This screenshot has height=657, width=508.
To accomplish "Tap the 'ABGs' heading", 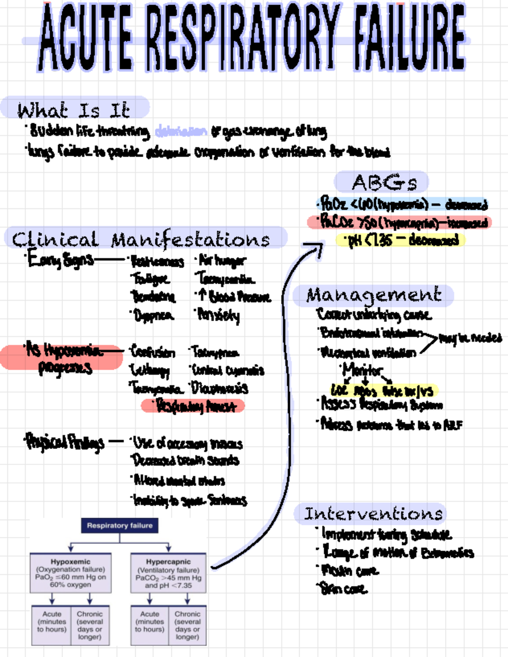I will tap(384, 183).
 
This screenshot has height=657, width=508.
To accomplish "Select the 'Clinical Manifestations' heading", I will tap(142, 239).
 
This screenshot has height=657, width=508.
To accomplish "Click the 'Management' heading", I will tap(373, 295).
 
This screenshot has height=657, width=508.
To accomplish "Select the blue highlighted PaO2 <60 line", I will tap(402, 204).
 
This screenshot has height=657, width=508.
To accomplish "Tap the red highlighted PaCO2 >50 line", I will tap(400, 222).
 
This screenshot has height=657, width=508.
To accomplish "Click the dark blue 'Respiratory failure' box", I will tap(119, 525).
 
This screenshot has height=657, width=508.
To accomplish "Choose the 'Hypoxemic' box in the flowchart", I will tap(71, 573).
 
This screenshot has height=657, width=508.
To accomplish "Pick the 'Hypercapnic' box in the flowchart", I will tap(168, 573).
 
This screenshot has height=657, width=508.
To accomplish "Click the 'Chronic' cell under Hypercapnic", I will tap(187, 625).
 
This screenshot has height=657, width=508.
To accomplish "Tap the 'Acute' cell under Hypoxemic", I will tap(52, 625).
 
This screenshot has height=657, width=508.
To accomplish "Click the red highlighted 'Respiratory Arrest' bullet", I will tap(193, 406).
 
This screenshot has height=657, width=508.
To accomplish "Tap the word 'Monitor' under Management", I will tap(362, 370).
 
